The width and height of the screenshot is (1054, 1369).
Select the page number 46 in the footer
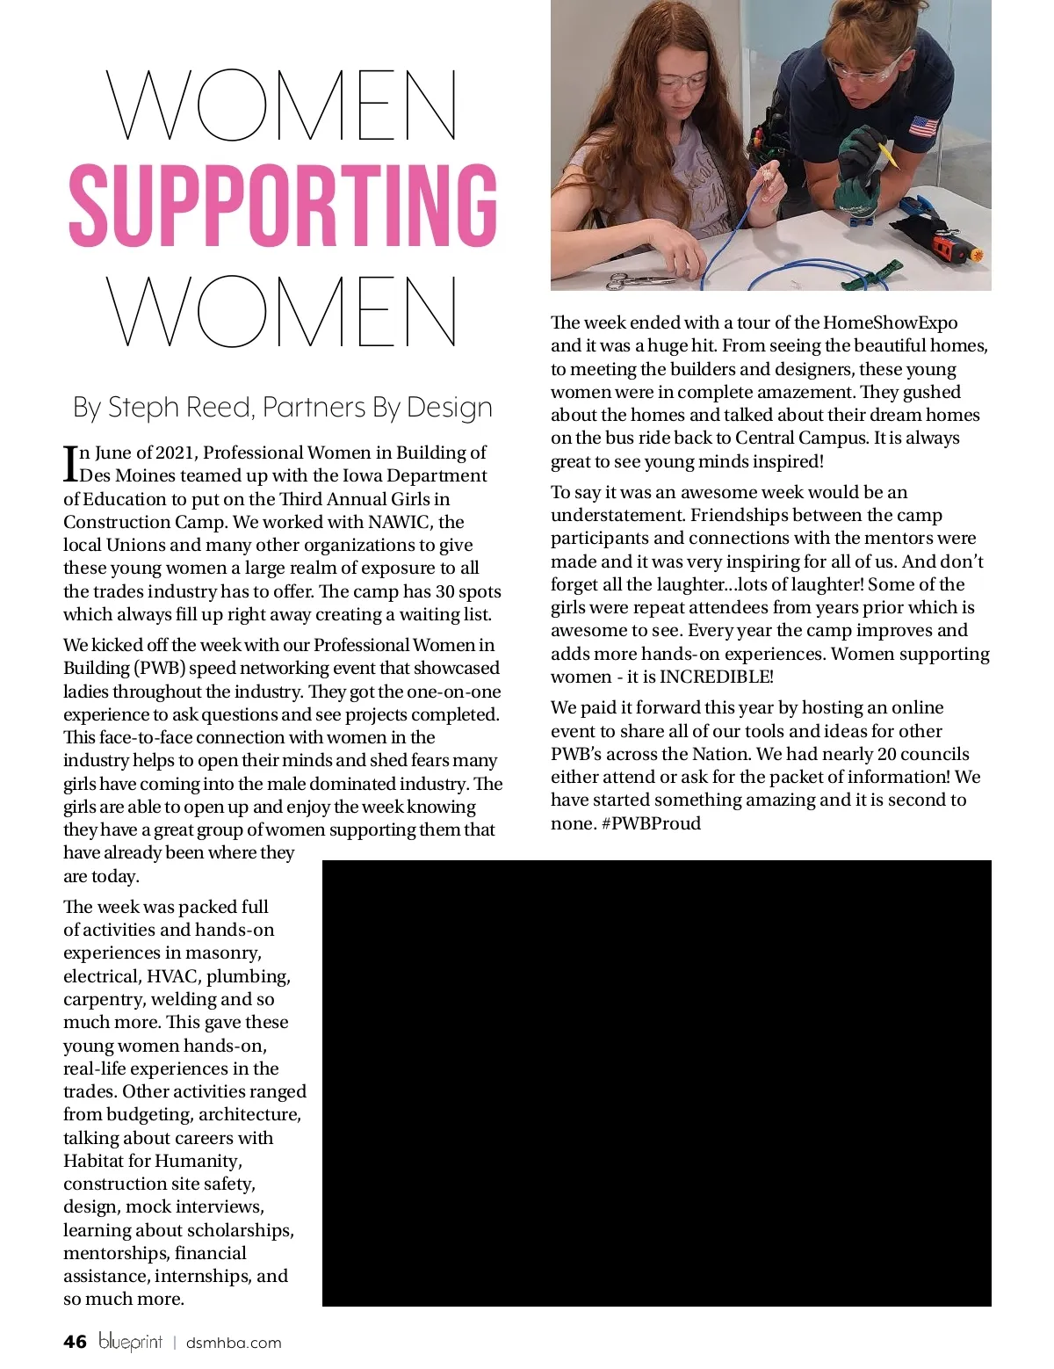tap(76, 1342)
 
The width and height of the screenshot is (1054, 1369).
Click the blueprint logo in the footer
tap(130, 1342)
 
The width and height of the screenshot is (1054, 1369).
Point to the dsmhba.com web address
tap(234, 1343)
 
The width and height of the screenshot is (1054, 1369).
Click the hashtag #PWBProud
tap(651, 823)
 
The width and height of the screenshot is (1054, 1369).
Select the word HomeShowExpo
tap(890, 322)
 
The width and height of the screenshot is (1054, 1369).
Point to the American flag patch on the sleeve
tap(923, 127)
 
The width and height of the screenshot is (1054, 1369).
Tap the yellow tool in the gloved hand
tap(890, 155)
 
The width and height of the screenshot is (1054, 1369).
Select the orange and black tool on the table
tap(953, 248)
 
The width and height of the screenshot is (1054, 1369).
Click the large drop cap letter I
tap(70, 463)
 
